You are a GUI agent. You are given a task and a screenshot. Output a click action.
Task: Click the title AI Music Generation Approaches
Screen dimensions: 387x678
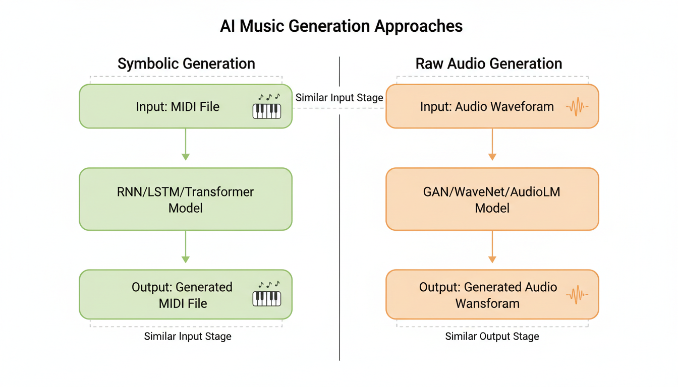pos(341,26)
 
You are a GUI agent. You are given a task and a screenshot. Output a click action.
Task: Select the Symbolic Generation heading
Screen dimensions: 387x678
pos(186,64)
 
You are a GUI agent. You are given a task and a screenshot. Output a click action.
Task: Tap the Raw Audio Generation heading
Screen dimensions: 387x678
pos(488,64)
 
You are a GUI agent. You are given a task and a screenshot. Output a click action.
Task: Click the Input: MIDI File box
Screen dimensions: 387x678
pos(178,106)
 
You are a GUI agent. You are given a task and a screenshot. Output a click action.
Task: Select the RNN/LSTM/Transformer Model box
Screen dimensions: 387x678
pos(186,200)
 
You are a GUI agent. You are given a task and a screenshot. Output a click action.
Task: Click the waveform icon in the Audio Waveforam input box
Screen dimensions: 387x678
pos(577,107)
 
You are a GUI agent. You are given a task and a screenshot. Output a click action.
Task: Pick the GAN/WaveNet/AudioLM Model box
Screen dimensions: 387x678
pos(492,200)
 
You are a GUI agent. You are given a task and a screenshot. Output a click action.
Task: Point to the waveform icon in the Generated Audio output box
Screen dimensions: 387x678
pos(577,294)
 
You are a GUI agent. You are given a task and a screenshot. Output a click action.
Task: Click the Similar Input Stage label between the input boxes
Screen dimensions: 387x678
pos(339,98)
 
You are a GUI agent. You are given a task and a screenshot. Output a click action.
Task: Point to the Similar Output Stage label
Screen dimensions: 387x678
pos(492,337)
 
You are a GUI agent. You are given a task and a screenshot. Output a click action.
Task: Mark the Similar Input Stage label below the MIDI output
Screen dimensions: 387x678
pos(188,337)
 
